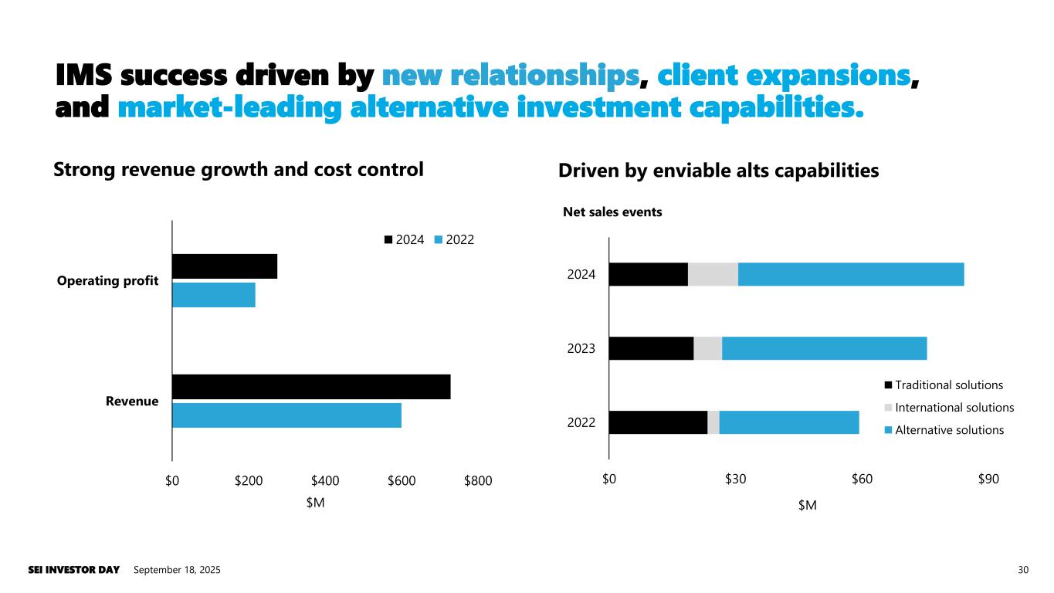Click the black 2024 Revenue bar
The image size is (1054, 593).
pos(310,387)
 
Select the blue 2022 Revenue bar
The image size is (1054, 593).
pos(286,415)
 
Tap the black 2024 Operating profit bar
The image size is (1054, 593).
pos(224,266)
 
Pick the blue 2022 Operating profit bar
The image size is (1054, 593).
pos(213,295)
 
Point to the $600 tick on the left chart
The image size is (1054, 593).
pos(402,481)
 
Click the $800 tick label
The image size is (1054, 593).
pos(478,481)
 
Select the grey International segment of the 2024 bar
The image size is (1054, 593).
pos(713,274)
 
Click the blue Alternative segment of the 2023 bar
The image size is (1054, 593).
pos(824,348)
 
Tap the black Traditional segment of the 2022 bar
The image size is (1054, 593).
pos(658,422)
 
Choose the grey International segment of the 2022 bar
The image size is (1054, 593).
pos(713,422)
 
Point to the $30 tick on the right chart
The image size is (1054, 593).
pos(735,479)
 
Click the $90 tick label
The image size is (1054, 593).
pos(988,479)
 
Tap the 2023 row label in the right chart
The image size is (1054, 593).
pos(581,348)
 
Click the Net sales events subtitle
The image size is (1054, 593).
pos(612,212)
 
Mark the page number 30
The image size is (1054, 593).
pos(1024,570)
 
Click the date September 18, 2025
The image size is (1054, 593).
pos(177,570)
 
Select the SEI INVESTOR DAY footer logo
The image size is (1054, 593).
pos(74,570)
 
